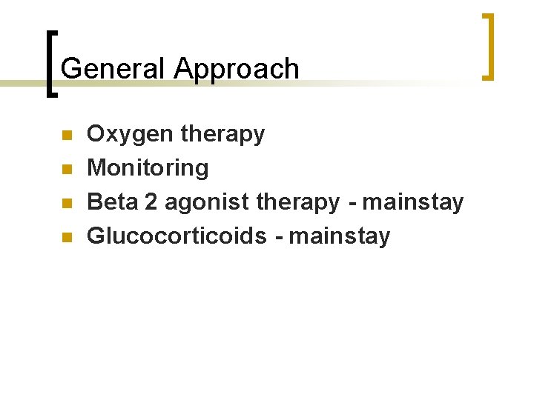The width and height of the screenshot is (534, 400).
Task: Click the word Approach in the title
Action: (237, 69)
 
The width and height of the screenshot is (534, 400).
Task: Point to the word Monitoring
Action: (148, 168)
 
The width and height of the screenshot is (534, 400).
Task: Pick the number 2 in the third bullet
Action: (151, 201)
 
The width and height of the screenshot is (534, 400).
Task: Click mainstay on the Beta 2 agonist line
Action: (413, 201)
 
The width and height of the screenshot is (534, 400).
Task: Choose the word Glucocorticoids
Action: (177, 236)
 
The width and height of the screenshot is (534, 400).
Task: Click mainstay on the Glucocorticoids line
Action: (339, 236)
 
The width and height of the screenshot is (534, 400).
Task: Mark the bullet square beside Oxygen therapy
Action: (65, 136)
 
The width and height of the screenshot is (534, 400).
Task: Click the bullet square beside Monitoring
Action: (65, 170)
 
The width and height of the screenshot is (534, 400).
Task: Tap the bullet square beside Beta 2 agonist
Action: (65, 204)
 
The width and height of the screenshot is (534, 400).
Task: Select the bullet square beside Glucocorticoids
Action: (65, 238)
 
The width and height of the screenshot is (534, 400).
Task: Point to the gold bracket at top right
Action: (488, 46)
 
